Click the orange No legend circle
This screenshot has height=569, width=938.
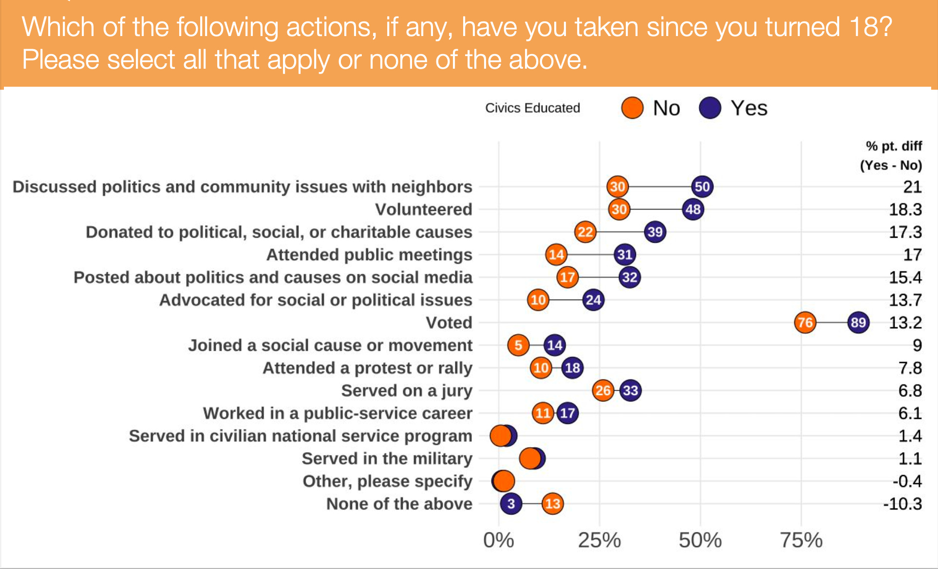coord(632,108)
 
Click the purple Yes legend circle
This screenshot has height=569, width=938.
coord(710,108)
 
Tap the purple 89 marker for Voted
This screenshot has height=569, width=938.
coord(858,322)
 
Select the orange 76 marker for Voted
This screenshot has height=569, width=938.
coord(805,322)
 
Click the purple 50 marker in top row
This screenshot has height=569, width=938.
coord(702,187)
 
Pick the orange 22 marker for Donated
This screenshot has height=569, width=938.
coord(585,232)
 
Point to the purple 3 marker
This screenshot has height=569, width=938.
coord(511,503)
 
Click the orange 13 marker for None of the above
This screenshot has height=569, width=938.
coord(552,503)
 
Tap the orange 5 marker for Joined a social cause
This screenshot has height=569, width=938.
coord(518,345)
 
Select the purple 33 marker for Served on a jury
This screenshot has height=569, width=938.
coord(630,390)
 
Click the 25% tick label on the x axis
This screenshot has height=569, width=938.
coord(599,540)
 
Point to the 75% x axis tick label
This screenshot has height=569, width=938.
coord(801,540)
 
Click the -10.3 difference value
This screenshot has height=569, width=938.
coord(902,503)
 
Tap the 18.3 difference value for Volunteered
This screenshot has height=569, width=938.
coord(905,209)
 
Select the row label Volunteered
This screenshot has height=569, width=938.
coord(423,209)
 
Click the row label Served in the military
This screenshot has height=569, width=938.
coord(387,458)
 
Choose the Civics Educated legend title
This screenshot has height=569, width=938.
coord(532,108)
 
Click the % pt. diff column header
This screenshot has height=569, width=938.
coord(893,146)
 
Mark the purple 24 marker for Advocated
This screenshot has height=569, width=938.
coord(593,300)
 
